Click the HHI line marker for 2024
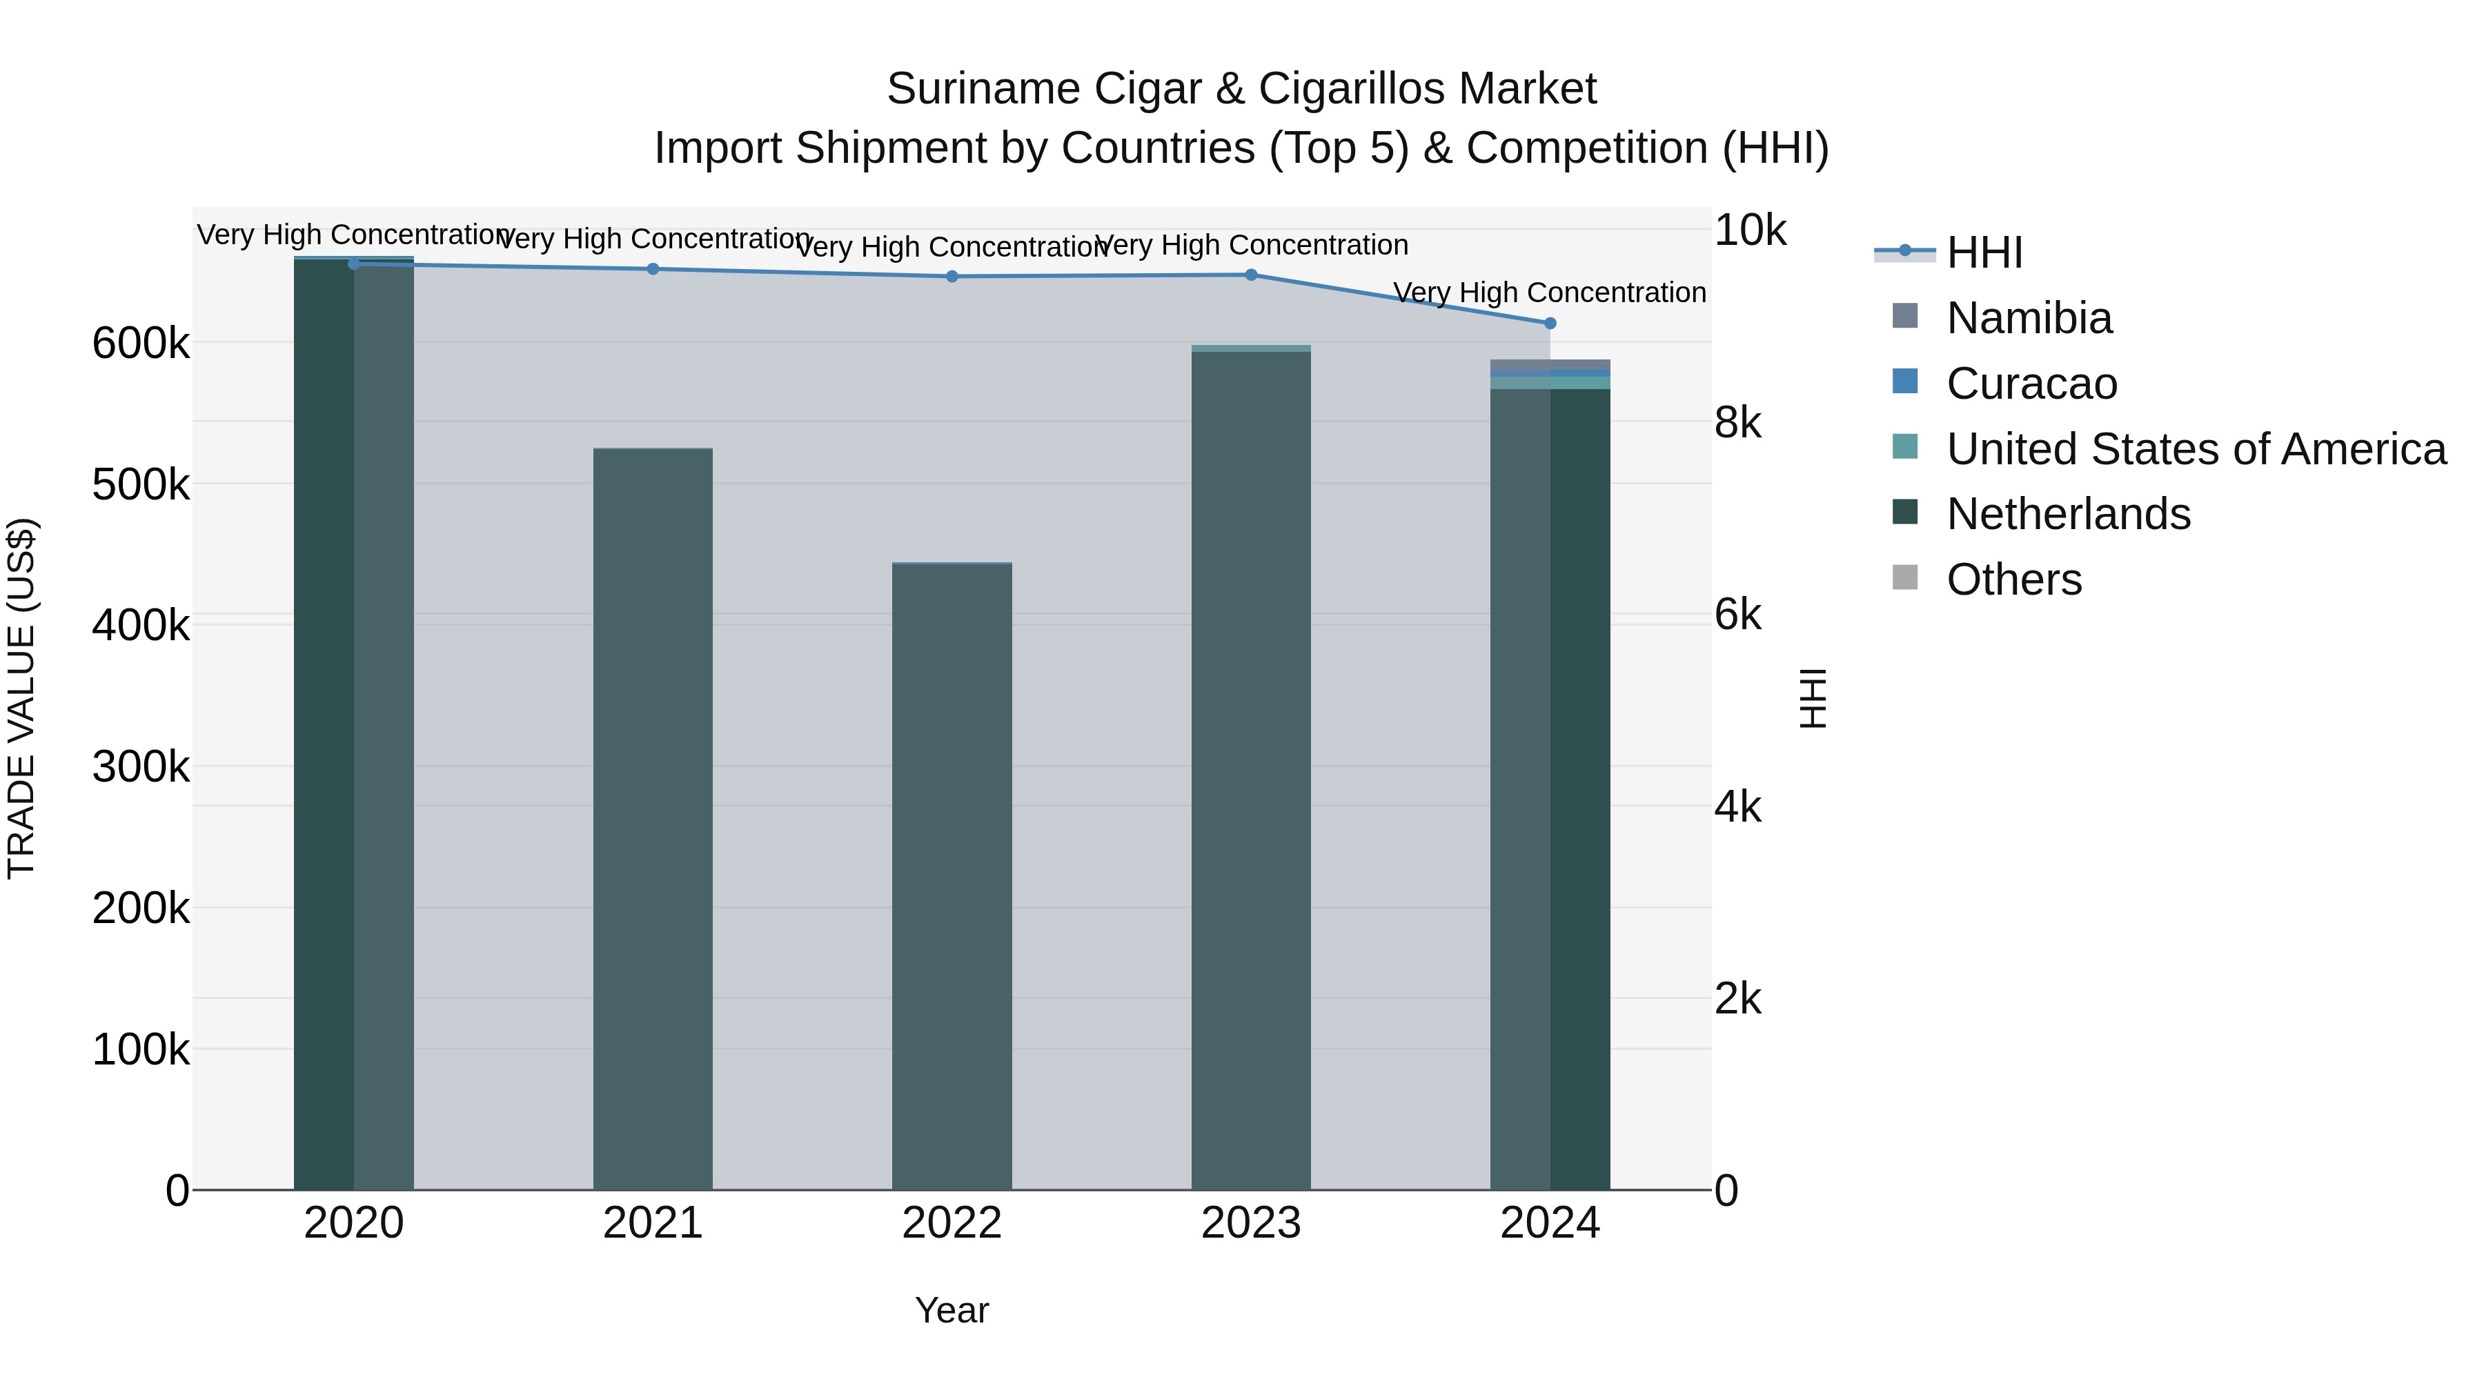point(1550,323)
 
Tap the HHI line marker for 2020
point(354,264)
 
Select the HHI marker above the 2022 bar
point(952,276)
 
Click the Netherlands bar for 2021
point(653,820)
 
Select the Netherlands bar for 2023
point(1251,771)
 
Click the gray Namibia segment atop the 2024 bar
point(1550,364)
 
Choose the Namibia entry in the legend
point(2028,318)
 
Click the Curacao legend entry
point(2031,384)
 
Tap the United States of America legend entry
point(2195,449)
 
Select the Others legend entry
point(2013,579)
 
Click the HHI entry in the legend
point(1984,252)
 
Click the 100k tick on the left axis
point(141,1049)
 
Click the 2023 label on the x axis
point(1251,1223)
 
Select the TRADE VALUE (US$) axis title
point(21,698)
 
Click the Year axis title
point(952,1310)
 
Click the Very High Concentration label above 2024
point(1550,292)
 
